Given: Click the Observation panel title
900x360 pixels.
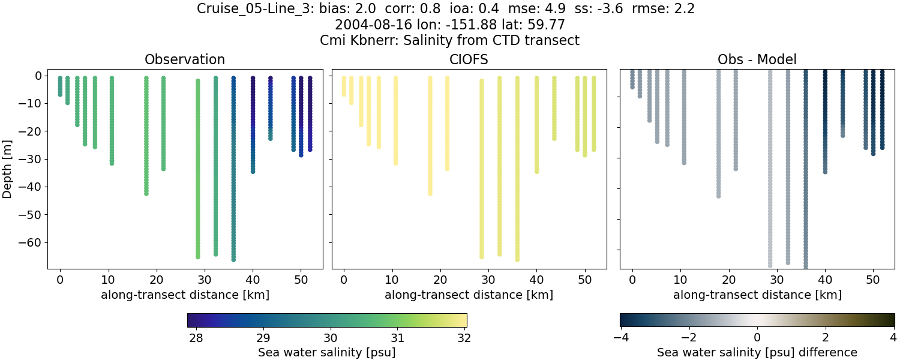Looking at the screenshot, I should coord(185,60).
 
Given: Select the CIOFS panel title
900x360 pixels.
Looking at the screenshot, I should coord(469,60).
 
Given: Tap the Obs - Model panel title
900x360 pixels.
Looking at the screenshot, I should coord(757,60).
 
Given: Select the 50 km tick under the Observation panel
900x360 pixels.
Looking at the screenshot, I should coord(301,280).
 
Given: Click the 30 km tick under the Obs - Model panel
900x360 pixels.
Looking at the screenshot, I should coord(777,280).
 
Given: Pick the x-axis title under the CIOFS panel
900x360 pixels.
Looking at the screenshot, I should coord(469,295).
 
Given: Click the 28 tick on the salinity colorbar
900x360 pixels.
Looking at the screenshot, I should coord(196,337).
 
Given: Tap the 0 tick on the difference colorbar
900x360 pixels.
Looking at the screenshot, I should coord(757,337).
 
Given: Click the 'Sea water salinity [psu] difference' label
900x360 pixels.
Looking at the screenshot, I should coord(757,352).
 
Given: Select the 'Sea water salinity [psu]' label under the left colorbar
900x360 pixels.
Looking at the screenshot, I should coord(327,352).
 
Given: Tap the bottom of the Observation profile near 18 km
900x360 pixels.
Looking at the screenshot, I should coord(146,193).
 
